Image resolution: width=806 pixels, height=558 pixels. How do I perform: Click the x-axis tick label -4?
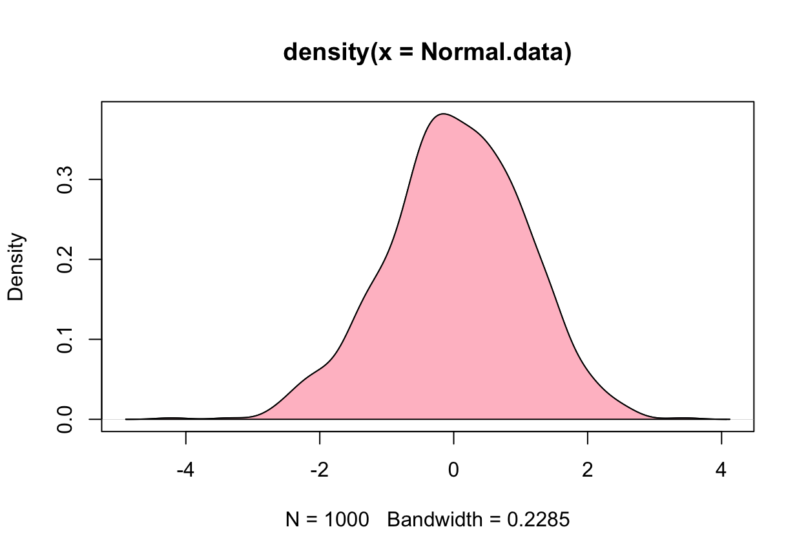pos(185,470)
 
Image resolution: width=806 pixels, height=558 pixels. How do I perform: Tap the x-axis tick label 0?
pos(453,470)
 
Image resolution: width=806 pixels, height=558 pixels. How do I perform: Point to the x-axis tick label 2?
pos(587,470)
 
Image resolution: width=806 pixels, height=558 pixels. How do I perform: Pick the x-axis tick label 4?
pos(721,470)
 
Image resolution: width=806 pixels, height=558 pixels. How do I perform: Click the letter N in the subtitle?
pos(292,519)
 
